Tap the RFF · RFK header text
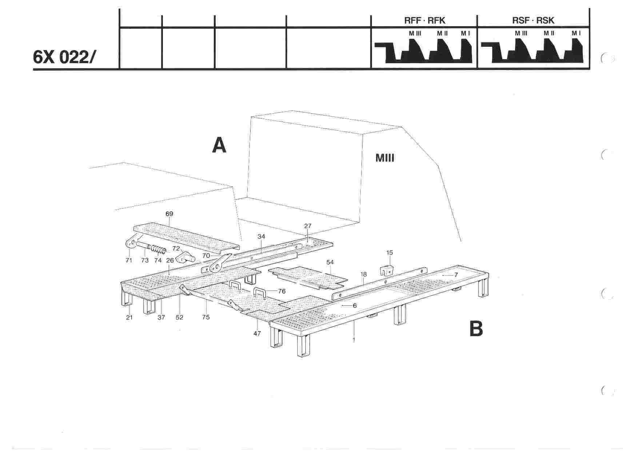424,20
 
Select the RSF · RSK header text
533,20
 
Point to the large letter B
476,329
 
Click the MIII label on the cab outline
384,158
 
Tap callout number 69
169,214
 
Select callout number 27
308,226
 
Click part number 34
261,236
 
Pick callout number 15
390,252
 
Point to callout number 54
330,262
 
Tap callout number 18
364,274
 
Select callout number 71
129,260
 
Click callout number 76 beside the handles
281,291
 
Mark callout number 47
257,333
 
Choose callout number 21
129,317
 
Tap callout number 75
206,317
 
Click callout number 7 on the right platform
456,275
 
